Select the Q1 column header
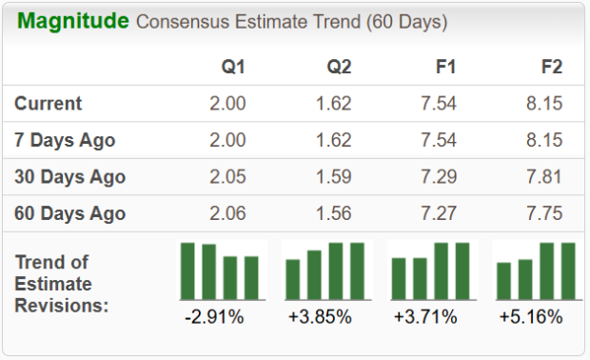coord(233,67)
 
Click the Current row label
coord(49,103)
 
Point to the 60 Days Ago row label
coord(70,213)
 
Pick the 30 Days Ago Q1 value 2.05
coord(227,177)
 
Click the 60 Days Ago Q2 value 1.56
coord(334,213)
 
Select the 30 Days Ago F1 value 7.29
coord(440,177)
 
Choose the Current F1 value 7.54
coord(440,103)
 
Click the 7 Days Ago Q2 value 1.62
coord(334,140)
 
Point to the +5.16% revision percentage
coord(531,316)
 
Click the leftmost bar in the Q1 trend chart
coord(187,270)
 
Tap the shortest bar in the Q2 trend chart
coord(293,279)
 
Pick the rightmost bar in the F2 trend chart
coord(568,270)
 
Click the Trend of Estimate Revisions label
coord(62,283)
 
